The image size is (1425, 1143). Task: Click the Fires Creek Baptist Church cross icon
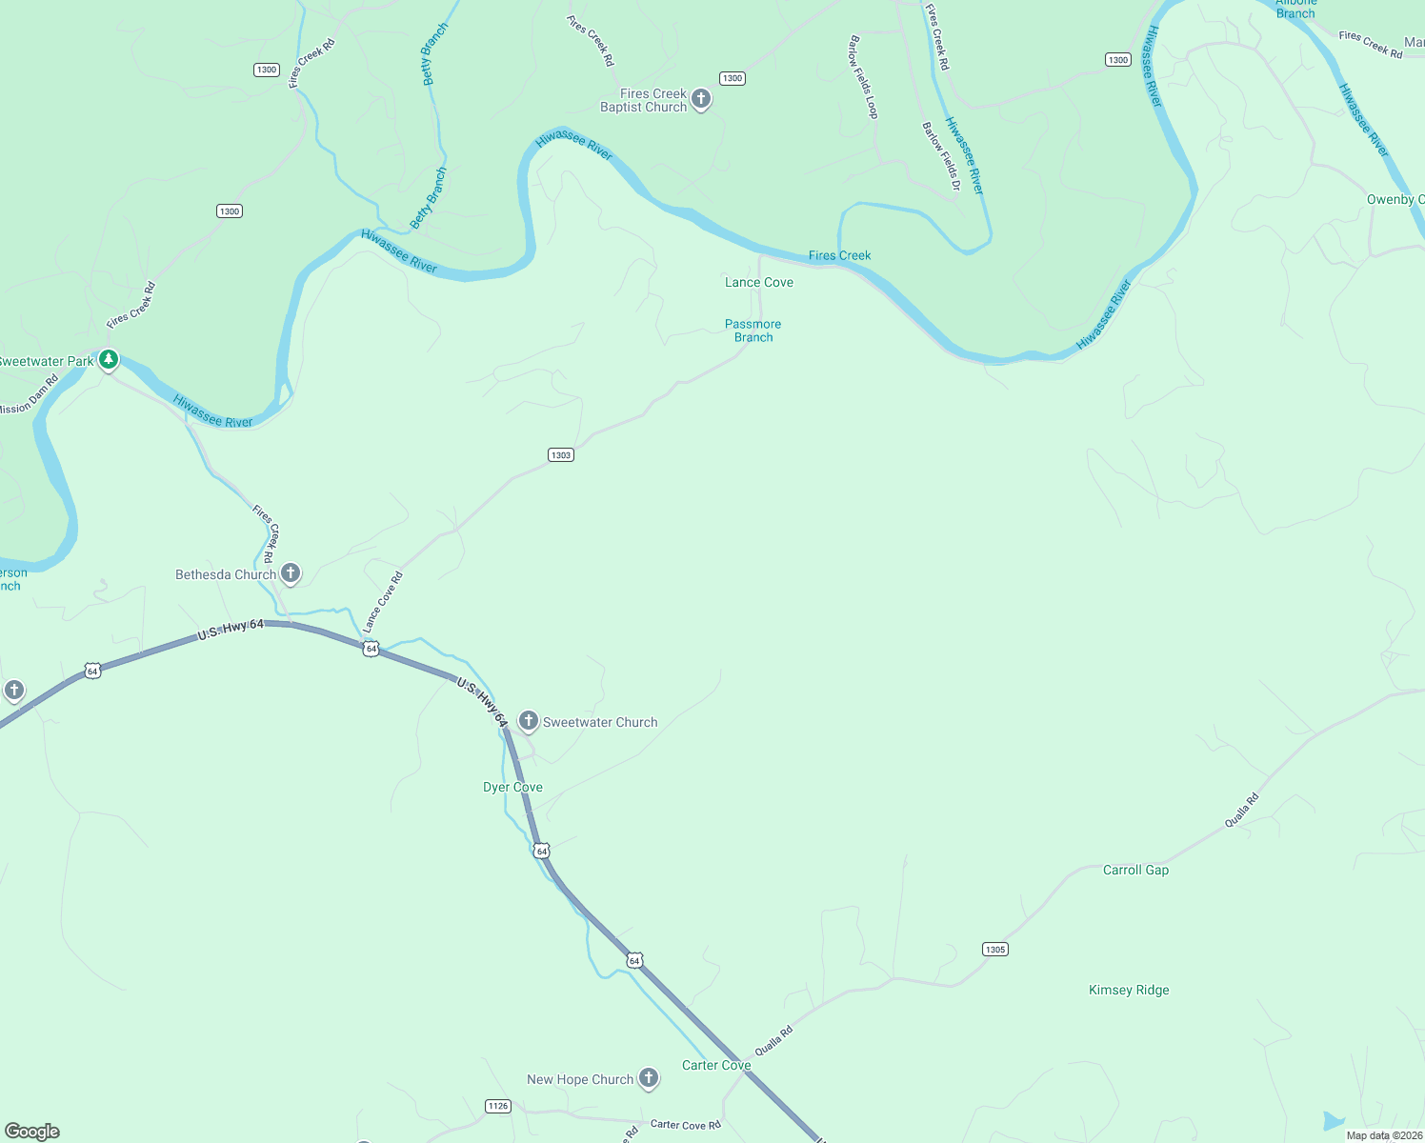[x=701, y=99]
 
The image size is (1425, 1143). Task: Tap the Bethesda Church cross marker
[x=291, y=573]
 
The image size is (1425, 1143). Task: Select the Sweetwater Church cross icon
[x=529, y=721]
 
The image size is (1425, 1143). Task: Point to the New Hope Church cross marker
[x=648, y=1078]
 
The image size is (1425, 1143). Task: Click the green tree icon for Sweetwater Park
[x=109, y=360]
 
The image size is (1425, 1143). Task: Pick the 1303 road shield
[x=561, y=455]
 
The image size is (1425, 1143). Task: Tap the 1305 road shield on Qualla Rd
[x=994, y=950]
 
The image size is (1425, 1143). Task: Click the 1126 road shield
[x=497, y=1106]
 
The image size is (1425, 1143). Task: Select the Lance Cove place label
[x=758, y=283]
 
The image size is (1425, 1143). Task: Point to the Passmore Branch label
[x=753, y=331]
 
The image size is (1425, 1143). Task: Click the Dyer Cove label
[x=512, y=788]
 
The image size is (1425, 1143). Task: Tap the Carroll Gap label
[x=1135, y=871]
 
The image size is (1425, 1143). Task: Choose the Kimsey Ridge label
[x=1129, y=991]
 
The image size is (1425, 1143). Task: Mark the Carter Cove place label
[x=716, y=1066]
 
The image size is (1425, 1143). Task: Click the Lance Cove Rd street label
[x=383, y=602]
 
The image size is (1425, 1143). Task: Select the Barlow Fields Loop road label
[x=863, y=77]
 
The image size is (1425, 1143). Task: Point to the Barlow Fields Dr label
[x=941, y=156]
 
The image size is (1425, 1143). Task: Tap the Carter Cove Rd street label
[x=685, y=1125]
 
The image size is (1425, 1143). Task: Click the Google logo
[x=32, y=1132]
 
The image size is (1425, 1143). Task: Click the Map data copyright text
[x=1384, y=1135]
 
